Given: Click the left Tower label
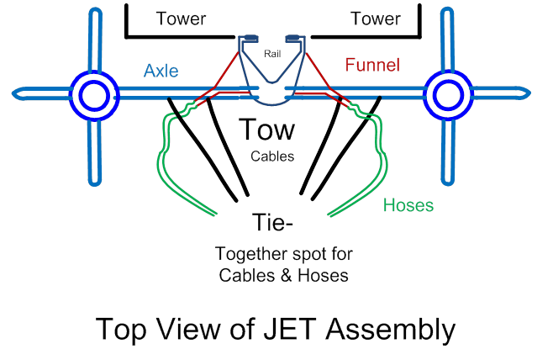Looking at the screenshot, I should (182, 19).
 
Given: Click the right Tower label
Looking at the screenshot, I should (375, 19).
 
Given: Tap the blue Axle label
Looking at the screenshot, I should (161, 71).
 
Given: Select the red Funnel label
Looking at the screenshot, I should (372, 65).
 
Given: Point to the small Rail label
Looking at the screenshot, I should (271, 55).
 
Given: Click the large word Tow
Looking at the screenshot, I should (267, 130).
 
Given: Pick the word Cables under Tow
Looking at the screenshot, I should (271, 156).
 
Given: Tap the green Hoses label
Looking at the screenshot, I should (408, 204).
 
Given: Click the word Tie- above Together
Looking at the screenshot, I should (273, 223).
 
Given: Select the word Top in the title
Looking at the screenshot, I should (120, 329).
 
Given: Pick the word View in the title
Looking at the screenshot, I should (189, 329).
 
